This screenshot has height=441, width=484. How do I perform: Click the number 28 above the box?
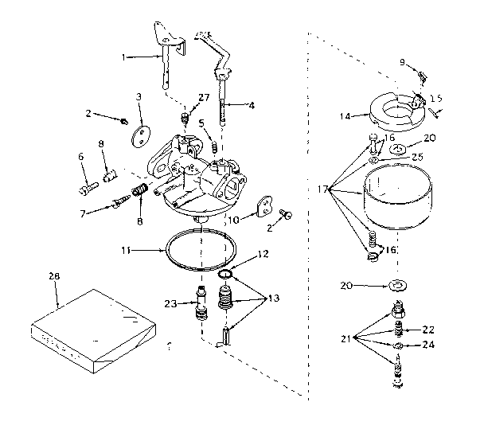coord(54,275)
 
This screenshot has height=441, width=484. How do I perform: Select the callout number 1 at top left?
coord(124,57)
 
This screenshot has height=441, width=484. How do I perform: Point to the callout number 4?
coord(252,104)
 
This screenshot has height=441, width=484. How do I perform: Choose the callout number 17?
coord(322,189)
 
